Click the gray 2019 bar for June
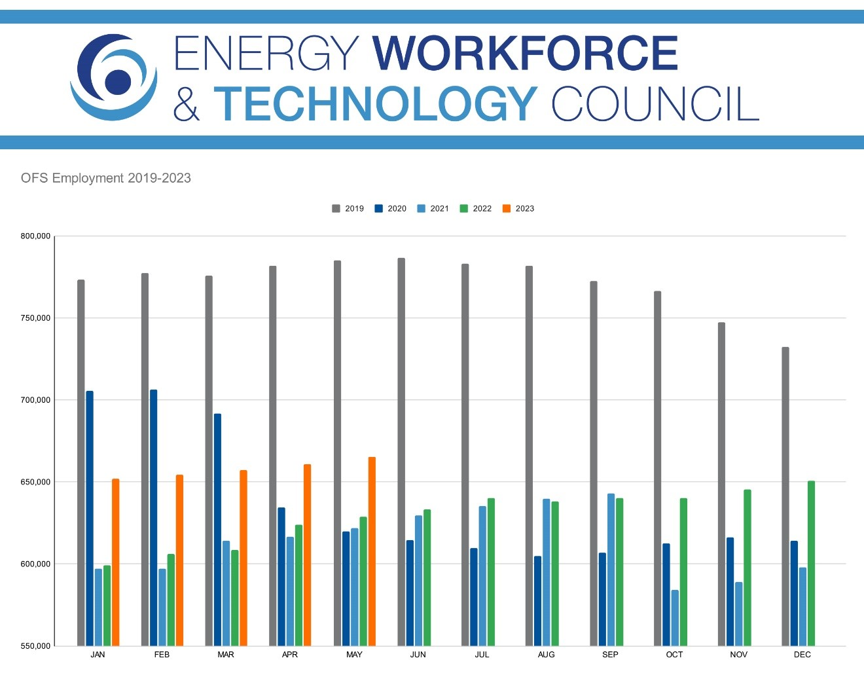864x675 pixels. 401,452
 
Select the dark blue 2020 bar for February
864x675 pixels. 154,517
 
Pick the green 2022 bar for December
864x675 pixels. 811,563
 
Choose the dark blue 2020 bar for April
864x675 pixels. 281,576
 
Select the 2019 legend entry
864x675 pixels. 348,209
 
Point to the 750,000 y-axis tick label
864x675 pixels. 35,318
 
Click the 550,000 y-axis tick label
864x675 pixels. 35,646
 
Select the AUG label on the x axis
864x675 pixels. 546,655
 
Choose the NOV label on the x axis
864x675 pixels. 738,655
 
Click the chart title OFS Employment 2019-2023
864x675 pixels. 106,178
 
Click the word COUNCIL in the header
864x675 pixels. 655,103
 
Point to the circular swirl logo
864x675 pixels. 114,77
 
